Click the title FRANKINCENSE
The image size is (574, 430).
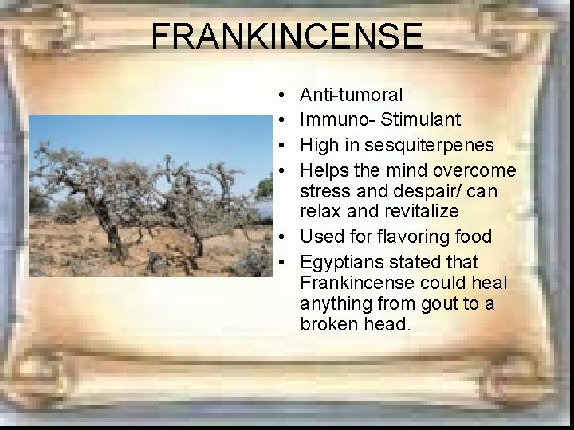287,37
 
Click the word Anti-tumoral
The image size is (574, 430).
351,96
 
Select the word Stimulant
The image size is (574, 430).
420,120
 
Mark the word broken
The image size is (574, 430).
327,324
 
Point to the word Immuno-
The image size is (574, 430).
337,120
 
